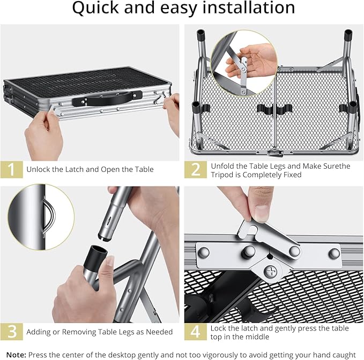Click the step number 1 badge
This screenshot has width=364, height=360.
(12, 169)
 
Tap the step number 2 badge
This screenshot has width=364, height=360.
(196, 170)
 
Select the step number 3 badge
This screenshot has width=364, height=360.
(12, 332)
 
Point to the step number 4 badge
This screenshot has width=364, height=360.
(196, 332)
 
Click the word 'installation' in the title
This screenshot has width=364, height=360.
(249, 7)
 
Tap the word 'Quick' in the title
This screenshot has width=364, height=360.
(96, 8)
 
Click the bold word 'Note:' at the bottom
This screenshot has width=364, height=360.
(16, 355)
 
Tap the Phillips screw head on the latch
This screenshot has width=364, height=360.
(270, 272)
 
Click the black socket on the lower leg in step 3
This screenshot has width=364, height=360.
(95, 255)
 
